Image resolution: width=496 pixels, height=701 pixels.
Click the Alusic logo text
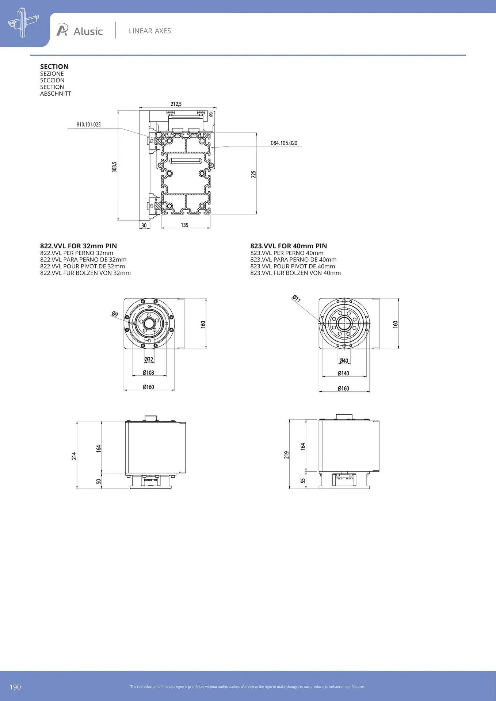(x=88, y=31)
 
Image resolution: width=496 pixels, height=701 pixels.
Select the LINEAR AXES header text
(x=150, y=31)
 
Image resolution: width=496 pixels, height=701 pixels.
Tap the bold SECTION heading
(x=54, y=66)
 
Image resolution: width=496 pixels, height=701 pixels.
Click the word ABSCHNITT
(x=56, y=93)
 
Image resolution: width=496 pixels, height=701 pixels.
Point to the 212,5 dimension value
(x=176, y=104)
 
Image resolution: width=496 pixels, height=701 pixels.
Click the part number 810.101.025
(x=88, y=125)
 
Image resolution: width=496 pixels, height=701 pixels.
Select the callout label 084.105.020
(x=284, y=143)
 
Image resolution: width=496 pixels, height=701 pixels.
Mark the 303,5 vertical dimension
(x=114, y=167)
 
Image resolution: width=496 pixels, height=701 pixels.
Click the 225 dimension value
(x=253, y=174)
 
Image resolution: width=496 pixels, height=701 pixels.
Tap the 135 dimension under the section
(x=184, y=225)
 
